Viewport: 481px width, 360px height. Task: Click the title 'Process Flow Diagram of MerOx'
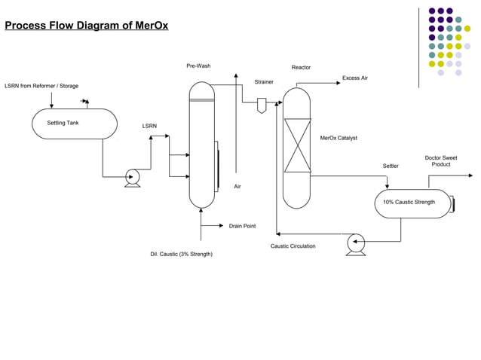(87, 26)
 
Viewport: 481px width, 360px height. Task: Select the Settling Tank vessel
(74, 124)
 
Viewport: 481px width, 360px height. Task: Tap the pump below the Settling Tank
(133, 178)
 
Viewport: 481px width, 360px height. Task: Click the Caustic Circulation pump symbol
(355, 243)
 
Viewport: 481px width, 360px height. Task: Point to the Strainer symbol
(262, 105)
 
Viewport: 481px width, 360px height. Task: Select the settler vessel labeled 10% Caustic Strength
(412, 203)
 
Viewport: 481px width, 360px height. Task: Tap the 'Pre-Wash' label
(198, 66)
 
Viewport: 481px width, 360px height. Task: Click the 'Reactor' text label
(301, 68)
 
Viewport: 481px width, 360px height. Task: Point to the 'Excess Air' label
(354, 78)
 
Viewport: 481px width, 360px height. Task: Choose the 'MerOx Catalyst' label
(339, 138)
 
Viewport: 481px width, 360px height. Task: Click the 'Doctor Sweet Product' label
(441, 161)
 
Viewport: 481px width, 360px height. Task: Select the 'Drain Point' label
(242, 226)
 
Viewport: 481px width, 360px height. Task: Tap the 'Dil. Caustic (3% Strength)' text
(181, 254)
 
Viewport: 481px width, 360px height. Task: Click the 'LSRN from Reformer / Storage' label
(41, 86)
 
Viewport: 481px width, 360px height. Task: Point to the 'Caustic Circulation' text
(293, 246)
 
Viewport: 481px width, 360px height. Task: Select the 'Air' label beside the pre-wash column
(237, 186)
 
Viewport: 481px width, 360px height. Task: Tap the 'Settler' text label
(391, 166)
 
